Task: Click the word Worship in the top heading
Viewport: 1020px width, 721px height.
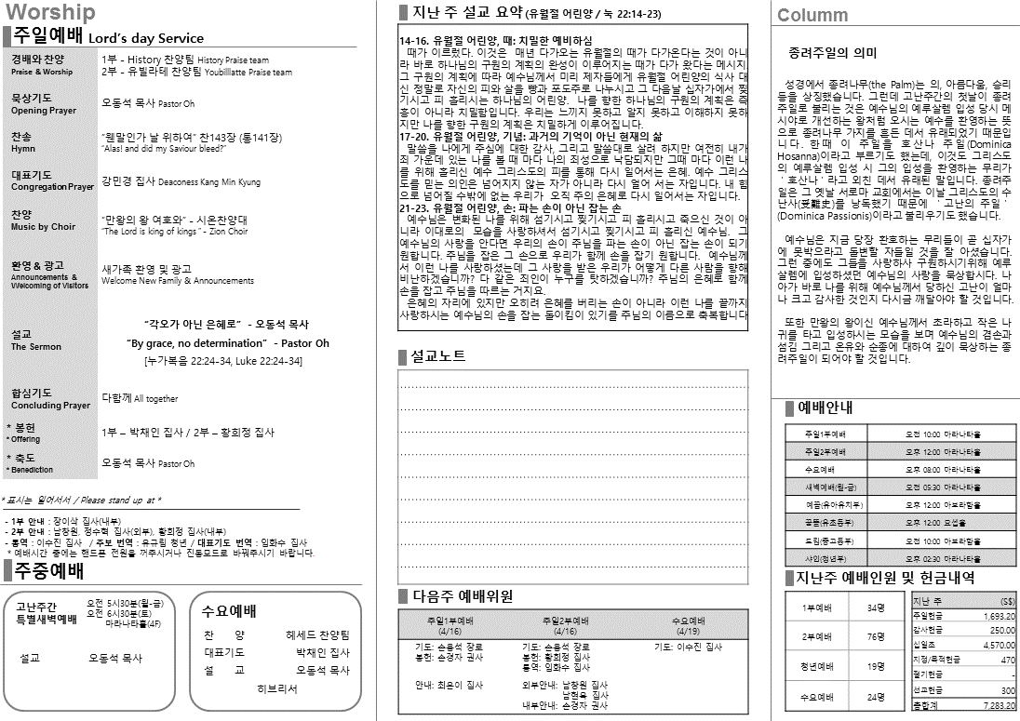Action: [x=50, y=12]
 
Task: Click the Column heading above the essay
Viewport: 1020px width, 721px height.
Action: [x=812, y=15]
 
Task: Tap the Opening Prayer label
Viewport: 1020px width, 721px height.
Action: [x=44, y=111]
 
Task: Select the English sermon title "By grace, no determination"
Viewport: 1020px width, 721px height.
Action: [x=227, y=343]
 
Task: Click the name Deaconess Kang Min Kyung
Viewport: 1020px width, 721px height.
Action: [x=209, y=182]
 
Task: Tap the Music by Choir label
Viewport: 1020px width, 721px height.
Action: [x=43, y=227]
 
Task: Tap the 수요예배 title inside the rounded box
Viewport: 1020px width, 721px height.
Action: [x=229, y=611]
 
